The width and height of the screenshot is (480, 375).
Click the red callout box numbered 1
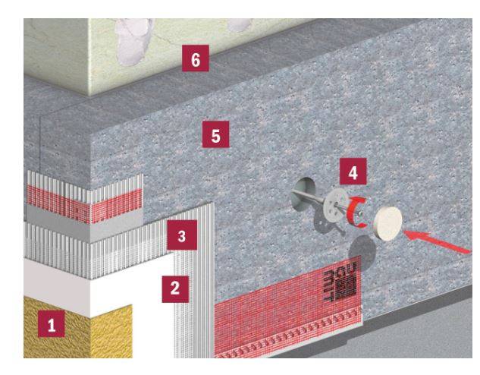[52, 326]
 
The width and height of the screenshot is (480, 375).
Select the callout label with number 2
[175, 288]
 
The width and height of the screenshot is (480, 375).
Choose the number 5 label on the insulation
[216, 136]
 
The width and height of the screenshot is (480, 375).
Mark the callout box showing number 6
[196, 60]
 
